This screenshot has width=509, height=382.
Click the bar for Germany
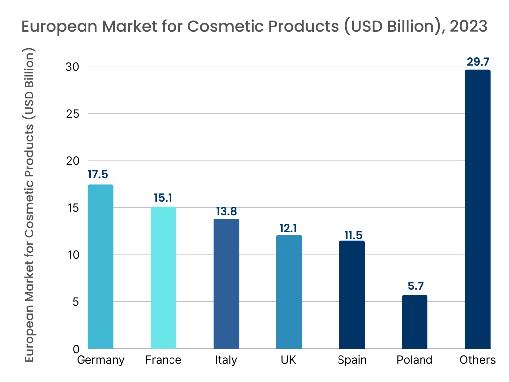100,267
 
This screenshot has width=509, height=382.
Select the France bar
163,278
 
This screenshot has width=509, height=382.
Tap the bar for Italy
226,284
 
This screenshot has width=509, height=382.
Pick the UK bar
289,291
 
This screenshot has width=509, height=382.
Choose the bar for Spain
352,294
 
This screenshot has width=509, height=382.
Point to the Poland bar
415,322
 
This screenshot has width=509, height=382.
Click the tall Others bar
477,209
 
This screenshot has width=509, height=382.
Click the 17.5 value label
98,175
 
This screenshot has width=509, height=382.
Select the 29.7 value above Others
478,62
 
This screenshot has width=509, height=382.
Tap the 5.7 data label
415,286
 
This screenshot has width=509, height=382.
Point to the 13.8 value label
226,211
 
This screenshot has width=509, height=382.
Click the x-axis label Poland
415,360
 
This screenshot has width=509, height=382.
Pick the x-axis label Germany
100,360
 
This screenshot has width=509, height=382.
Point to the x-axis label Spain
352,360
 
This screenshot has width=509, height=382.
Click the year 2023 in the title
468,26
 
